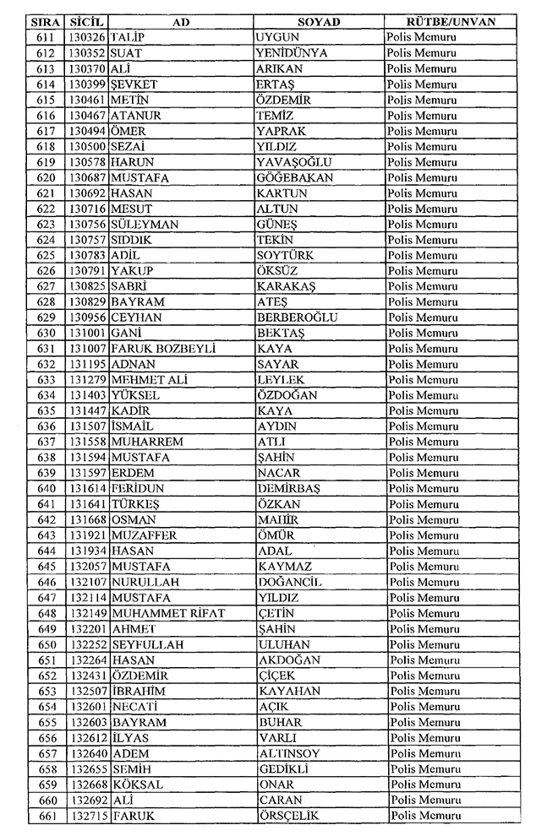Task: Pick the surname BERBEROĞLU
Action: pos(297,318)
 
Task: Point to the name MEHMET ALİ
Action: pos(149,380)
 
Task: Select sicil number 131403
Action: pos(89,395)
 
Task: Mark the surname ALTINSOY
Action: pos(290,753)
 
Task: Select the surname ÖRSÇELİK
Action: pos(292,816)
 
